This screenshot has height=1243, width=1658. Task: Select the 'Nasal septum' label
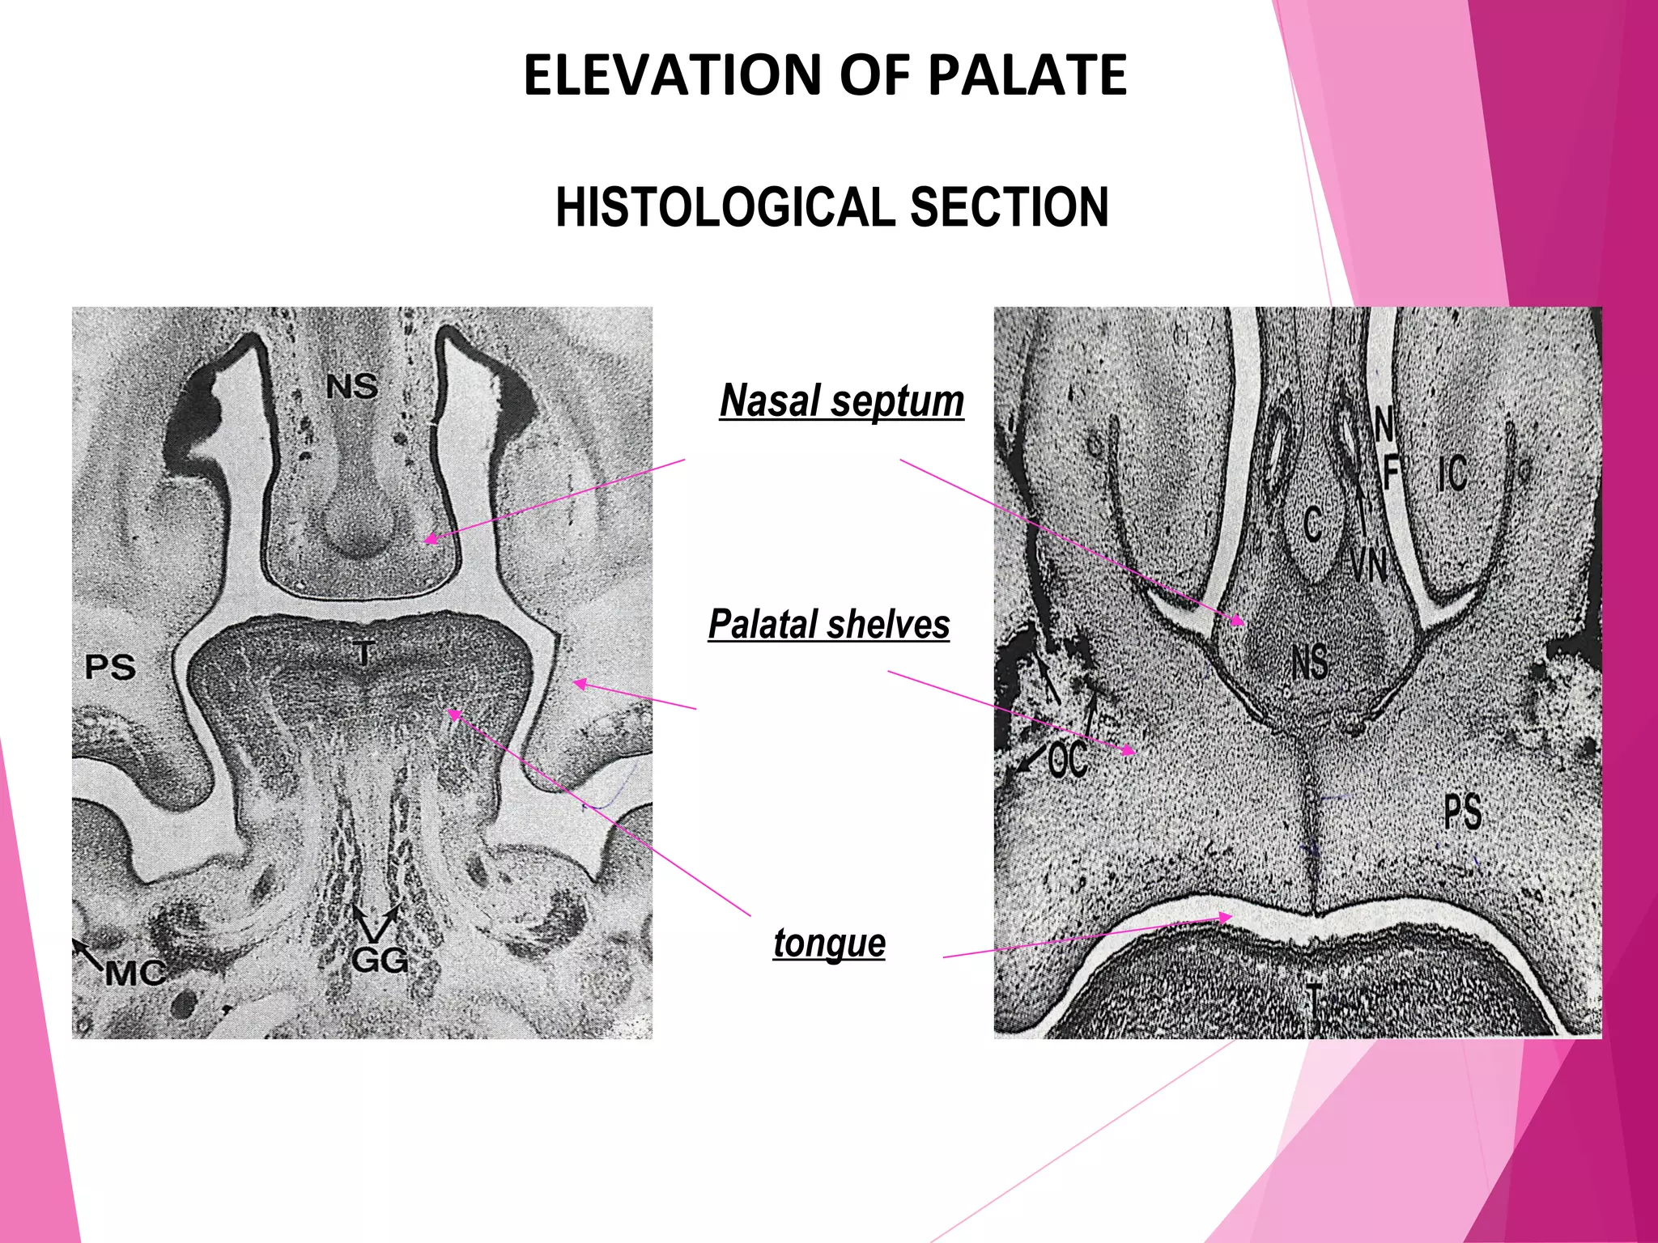coord(842,401)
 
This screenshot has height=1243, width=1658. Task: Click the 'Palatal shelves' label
coord(829,625)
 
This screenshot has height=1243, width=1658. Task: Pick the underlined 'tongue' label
coord(829,944)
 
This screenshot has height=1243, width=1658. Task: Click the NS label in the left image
coord(352,387)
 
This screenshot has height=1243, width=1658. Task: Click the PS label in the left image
coord(110,668)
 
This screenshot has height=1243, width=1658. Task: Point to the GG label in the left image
coord(379,960)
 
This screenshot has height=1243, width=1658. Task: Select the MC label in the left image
coord(134,972)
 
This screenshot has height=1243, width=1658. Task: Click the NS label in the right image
coord(1309,662)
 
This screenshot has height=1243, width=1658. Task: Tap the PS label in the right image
coord(1463,812)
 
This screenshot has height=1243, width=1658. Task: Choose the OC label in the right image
coord(1068,760)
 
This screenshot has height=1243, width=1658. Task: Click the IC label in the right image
coord(1452,473)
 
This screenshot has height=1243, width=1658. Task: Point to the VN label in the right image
coord(1368,564)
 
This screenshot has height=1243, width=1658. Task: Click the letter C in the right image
coord(1313,524)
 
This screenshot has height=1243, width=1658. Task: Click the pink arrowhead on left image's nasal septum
coord(429,539)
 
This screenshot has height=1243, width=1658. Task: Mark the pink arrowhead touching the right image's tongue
coord(1226,918)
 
